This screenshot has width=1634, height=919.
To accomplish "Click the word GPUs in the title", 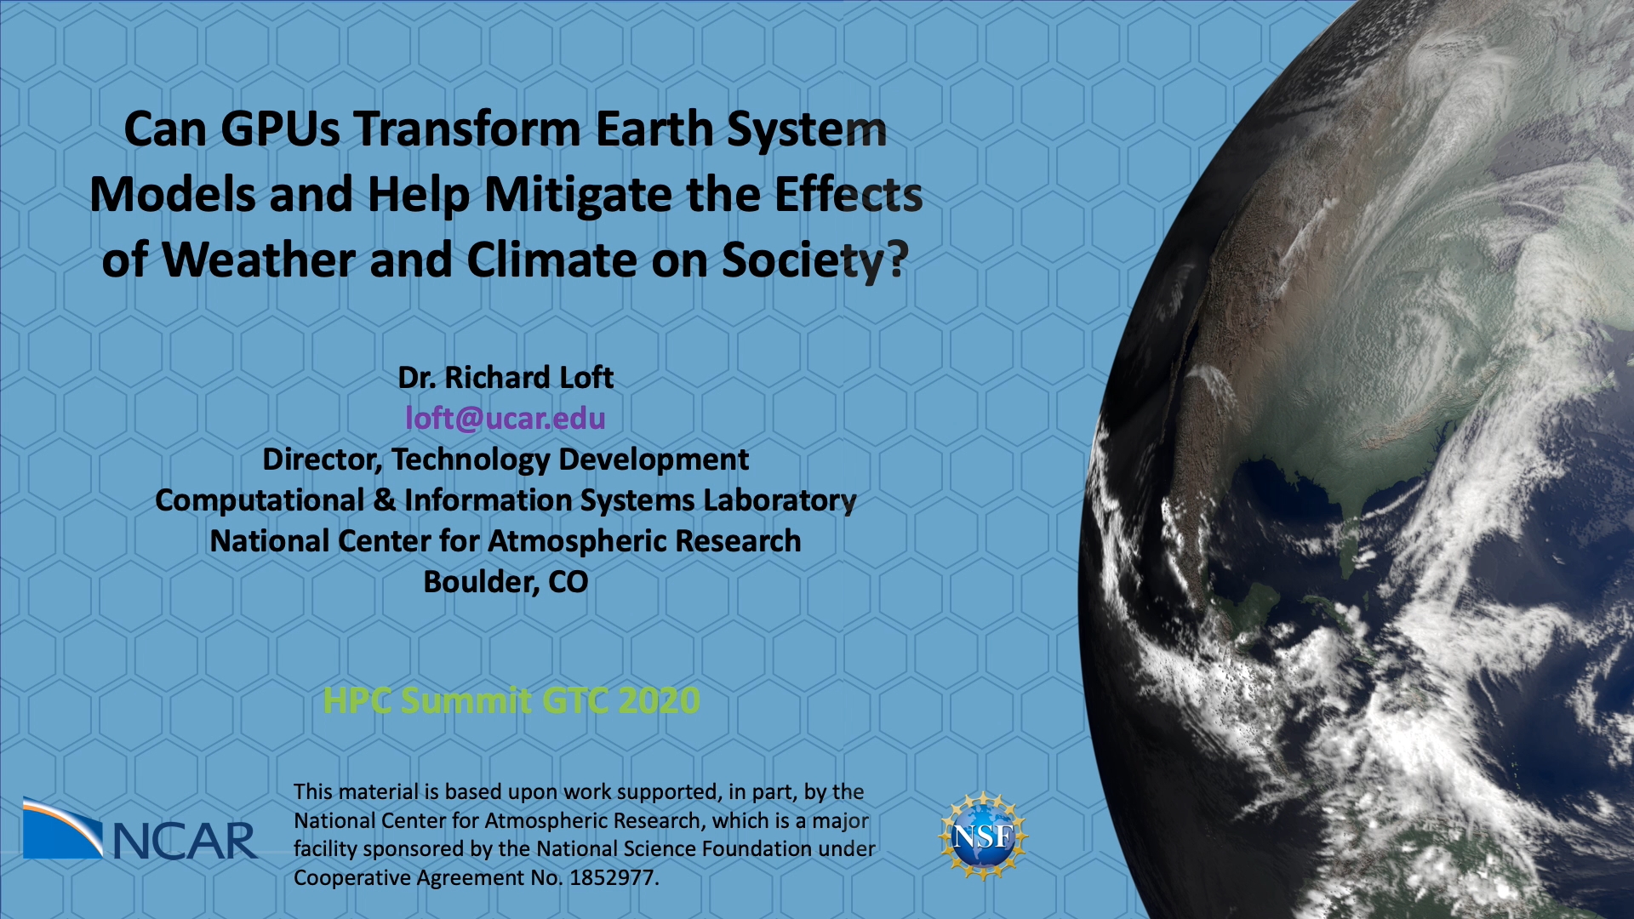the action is tap(280, 129).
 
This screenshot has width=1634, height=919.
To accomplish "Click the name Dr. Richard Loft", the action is tap(506, 378).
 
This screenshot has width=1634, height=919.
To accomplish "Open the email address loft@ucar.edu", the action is tap(506, 419).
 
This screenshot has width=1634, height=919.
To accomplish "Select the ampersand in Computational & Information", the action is tap(385, 500).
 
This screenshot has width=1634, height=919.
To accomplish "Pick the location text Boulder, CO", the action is tap(506, 582).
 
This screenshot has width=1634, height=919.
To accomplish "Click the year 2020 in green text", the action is tap(659, 701).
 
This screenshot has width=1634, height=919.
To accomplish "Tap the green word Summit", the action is tap(466, 701).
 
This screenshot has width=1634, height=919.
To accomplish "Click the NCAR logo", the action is tap(140, 829).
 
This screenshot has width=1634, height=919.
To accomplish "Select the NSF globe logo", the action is tap(984, 836).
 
